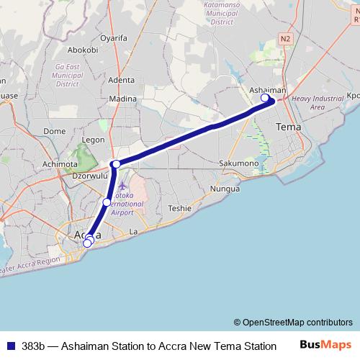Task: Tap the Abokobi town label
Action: tap(82, 50)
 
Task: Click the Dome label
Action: tap(55, 131)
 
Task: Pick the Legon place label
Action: tap(94, 140)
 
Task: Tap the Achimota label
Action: tap(59, 164)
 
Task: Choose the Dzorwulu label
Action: tap(89, 175)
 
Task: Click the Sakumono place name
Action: tap(238, 163)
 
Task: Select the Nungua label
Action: tap(223, 189)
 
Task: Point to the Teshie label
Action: tap(179, 208)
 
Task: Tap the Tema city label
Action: tap(289, 127)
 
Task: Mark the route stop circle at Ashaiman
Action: tap(265, 98)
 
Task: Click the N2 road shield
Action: tap(286, 37)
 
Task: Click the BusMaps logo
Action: tap(325, 345)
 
